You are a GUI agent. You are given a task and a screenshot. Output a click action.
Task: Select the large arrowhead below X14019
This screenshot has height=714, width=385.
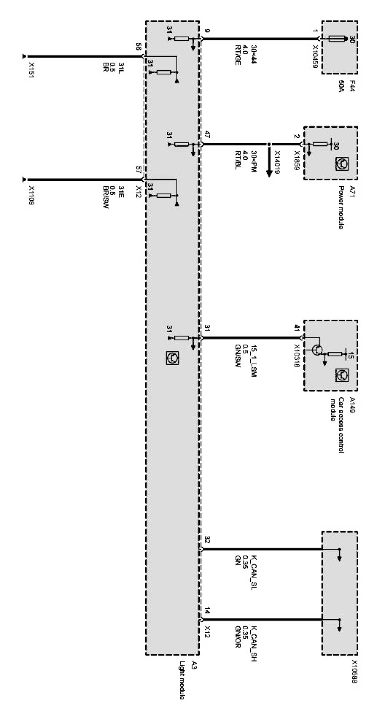point(269,172)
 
